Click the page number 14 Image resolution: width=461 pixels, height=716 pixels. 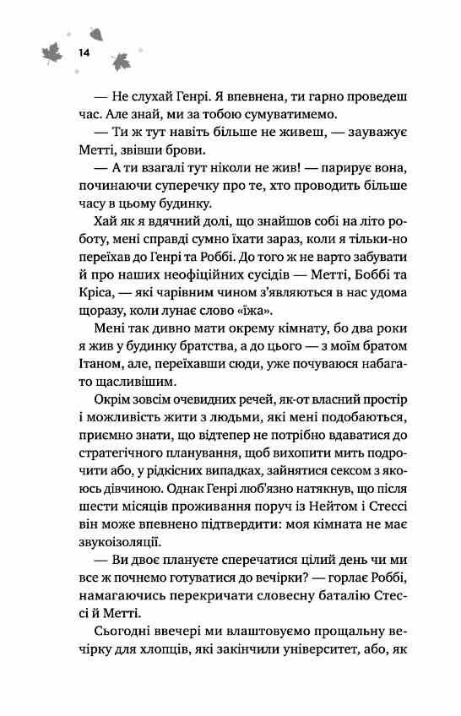coord(84,53)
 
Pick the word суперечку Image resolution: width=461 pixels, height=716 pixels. coord(187,183)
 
